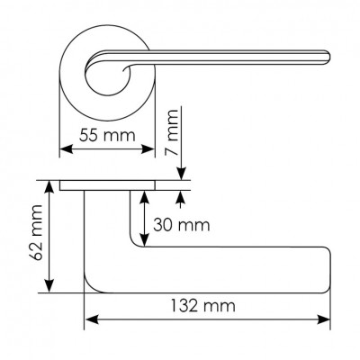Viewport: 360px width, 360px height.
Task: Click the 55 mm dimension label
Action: (107, 135)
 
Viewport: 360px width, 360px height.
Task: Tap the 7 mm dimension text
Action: (172, 132)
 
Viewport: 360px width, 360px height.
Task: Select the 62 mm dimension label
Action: (37, 233)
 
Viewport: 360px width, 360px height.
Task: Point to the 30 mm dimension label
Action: (181, 225)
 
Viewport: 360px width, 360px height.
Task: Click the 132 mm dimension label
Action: (203, 306)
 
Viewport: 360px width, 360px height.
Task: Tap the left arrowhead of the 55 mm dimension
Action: (67, 149)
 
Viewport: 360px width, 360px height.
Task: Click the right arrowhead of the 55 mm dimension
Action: (148, 149)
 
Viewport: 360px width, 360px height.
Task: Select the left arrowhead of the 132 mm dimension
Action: (92, 319)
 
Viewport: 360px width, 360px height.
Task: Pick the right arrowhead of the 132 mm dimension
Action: (323, 319)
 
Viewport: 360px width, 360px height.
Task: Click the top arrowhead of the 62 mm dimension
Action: (49, 187)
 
